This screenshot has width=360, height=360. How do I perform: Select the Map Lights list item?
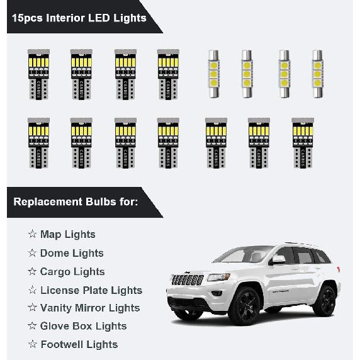point(67,234)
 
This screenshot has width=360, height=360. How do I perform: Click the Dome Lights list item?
point(71,253)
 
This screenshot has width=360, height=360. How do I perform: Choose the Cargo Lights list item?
point(72,271)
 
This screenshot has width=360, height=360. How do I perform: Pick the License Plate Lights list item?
point(91,290)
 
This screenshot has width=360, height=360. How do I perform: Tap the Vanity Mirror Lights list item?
point(89,308)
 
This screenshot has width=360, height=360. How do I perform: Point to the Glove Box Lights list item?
point(83,326)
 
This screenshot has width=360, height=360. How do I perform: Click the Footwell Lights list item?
point(79,344)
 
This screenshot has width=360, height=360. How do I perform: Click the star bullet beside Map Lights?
point(32,234)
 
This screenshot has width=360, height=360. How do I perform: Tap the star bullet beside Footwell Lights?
point(32,344)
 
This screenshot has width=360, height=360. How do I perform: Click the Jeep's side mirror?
point(278,260)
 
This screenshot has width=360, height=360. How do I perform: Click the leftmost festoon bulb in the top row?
point(214,74)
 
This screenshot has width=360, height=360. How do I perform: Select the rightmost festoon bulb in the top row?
point(317,74)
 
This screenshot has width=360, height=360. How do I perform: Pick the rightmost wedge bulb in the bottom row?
point(302,142)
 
